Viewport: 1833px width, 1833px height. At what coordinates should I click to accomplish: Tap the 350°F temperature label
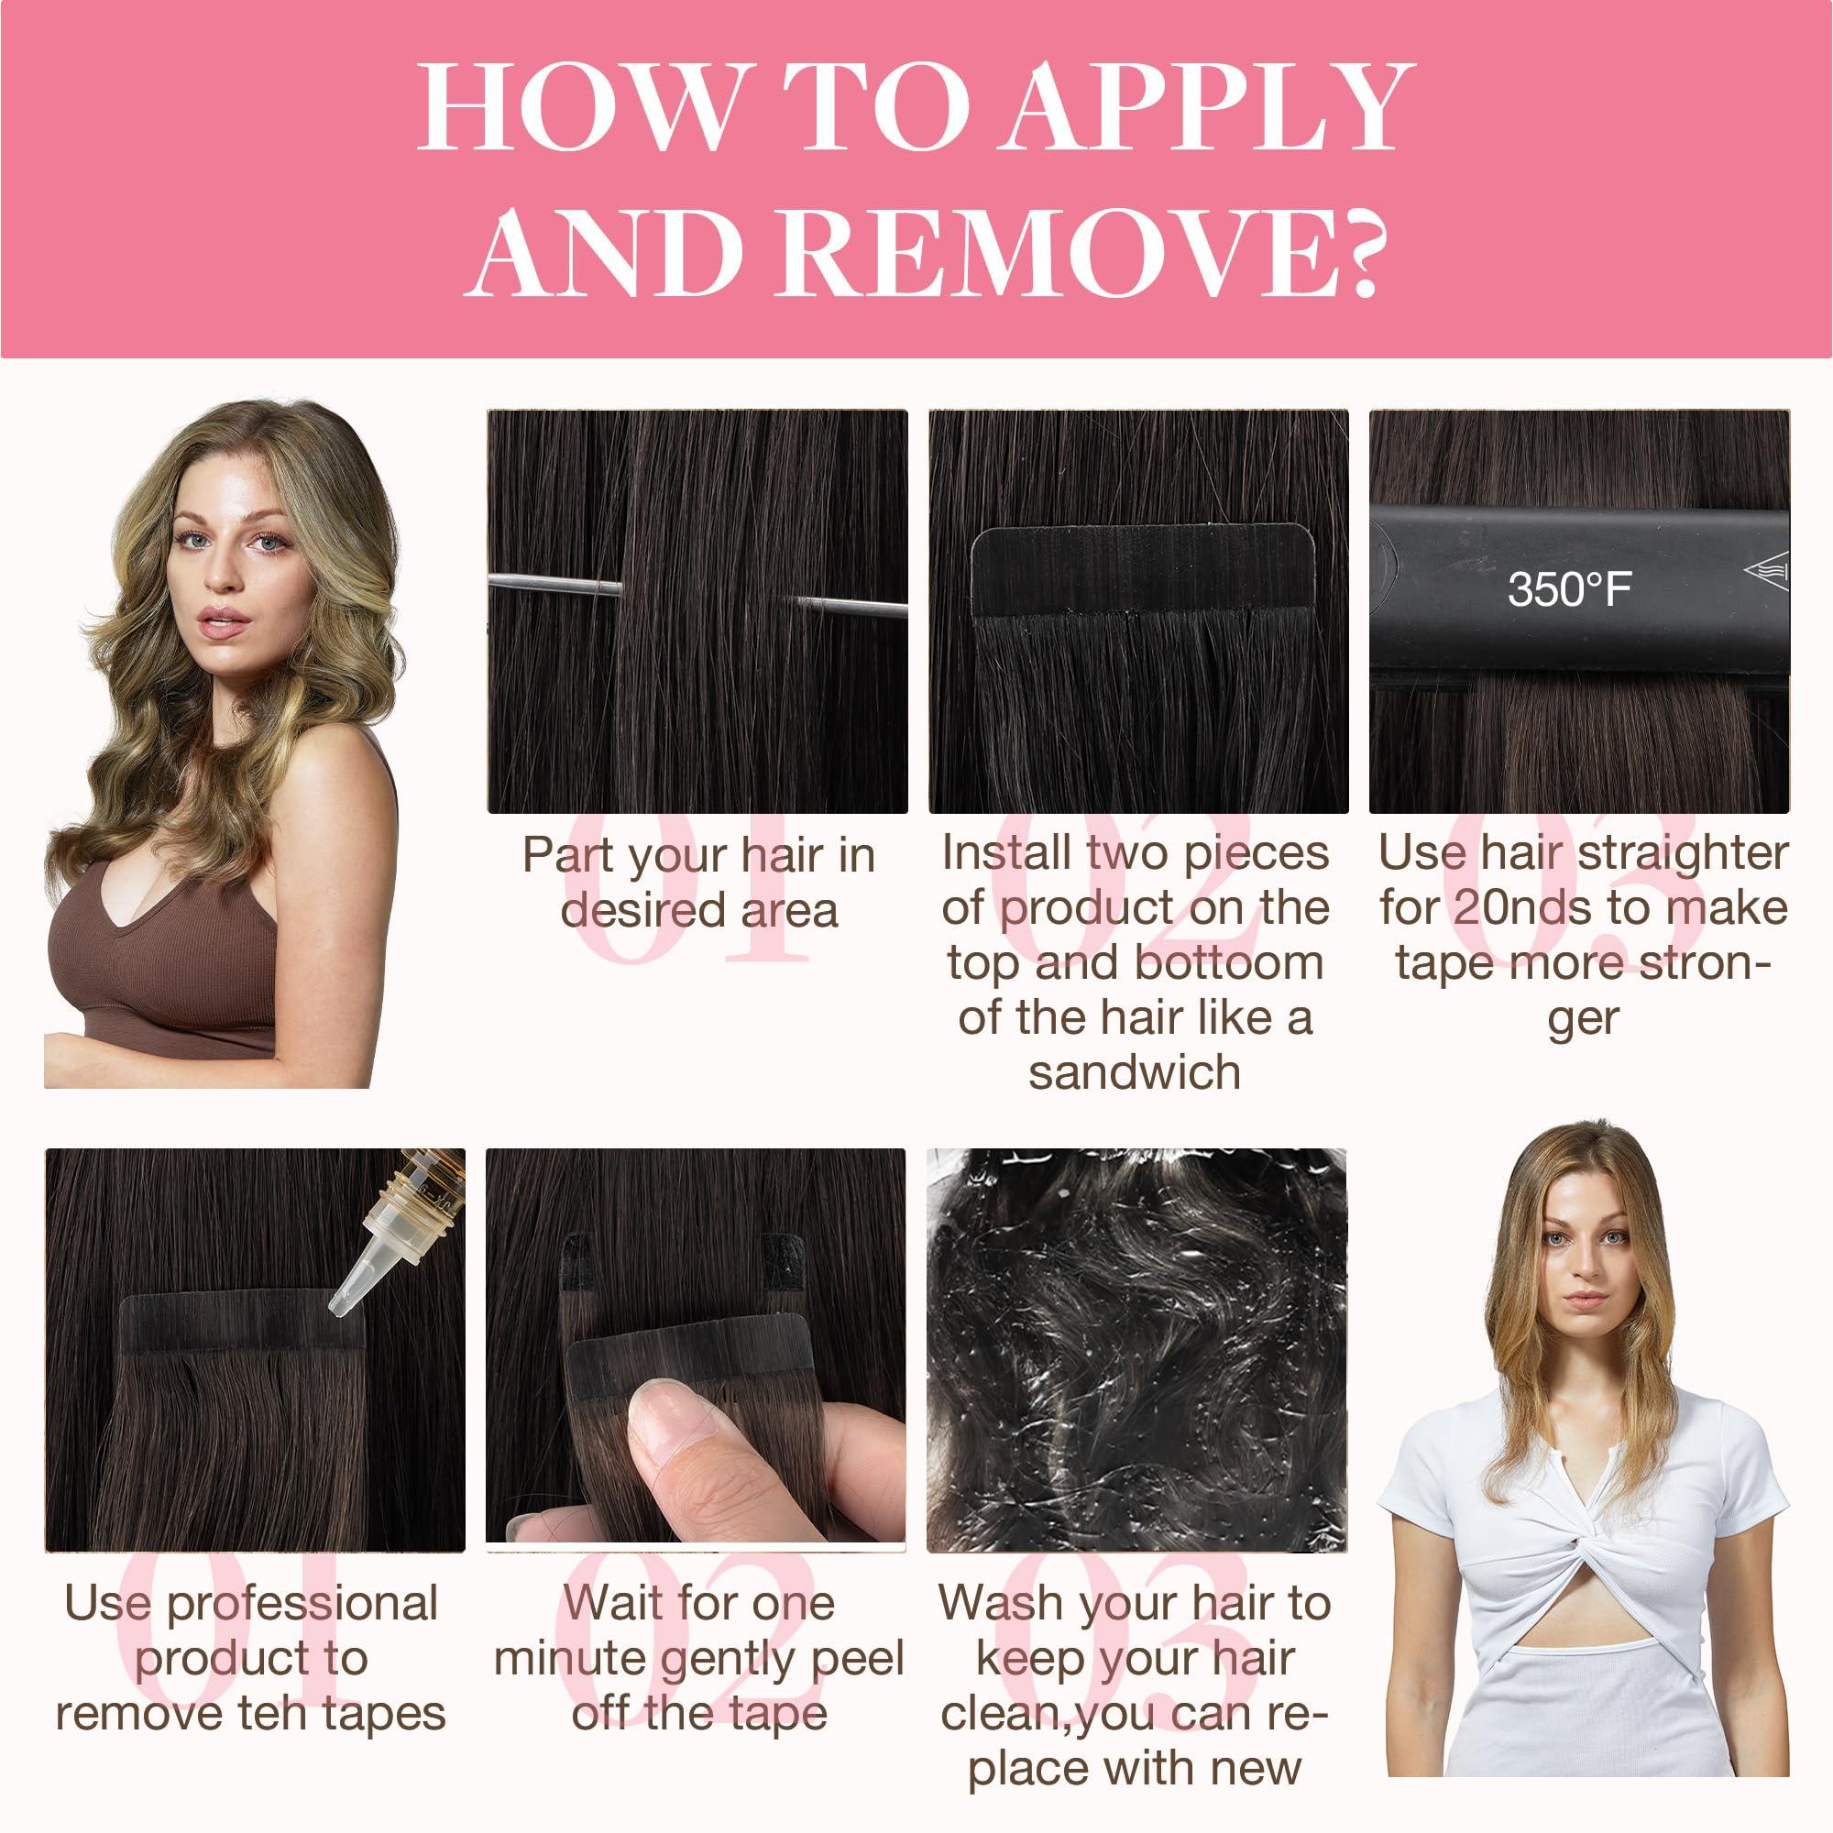pos(1568,590)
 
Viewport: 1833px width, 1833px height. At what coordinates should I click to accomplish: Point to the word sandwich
pos(1135,1073)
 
